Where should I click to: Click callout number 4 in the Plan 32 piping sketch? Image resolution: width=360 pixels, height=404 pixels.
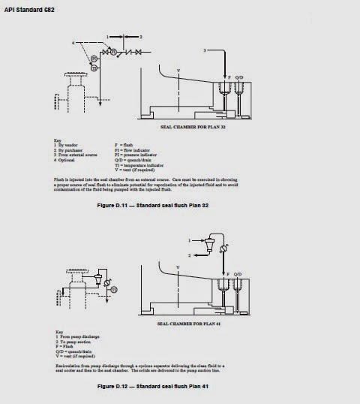73,44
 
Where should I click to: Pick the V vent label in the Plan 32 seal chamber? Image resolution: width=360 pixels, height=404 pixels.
178,71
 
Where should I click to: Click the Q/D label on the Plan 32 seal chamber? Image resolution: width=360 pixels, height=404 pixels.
239,77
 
